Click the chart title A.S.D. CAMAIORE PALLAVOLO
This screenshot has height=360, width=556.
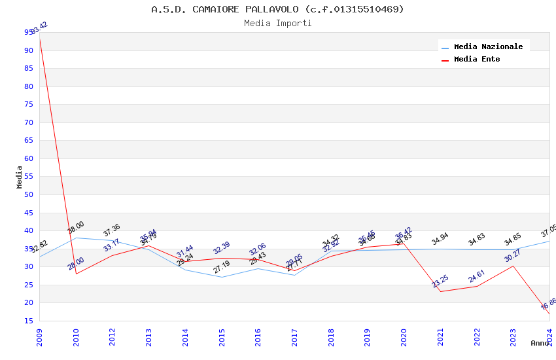(277, 9)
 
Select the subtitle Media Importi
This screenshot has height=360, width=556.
(277, 23)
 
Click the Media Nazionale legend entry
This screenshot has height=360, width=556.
(488, 46)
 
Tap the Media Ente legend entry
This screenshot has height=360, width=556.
(477, 59)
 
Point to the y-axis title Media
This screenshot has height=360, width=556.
(20, 177)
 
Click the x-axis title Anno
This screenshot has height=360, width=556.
(540, 343)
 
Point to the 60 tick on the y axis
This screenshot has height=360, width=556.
(29, 158)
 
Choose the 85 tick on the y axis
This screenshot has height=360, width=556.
(29, 68)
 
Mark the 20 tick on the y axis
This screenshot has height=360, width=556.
(29, 302)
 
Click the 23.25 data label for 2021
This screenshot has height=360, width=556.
(440, 281)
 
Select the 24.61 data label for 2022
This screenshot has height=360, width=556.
(477, 276)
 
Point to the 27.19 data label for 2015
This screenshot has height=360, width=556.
(222, 267)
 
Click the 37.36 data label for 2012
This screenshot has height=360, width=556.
(112, 230)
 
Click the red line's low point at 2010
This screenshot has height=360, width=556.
(77, 274)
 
